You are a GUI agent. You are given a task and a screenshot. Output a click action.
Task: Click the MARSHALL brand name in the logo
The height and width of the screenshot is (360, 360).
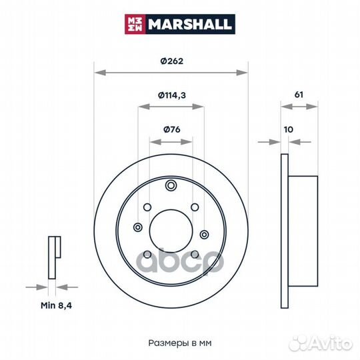pos(189,24)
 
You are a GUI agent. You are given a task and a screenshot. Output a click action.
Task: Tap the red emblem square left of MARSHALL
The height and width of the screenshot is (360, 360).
pos(135,24)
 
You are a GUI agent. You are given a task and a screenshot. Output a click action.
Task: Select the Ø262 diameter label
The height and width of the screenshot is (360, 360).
pos(172,61)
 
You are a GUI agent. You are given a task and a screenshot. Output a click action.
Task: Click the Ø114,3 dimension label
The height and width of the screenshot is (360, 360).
pos(172,95)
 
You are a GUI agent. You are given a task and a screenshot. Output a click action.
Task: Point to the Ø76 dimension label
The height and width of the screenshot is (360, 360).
pos(172,129)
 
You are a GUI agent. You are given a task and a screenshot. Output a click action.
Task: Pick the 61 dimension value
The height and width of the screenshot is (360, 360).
pos(299,95)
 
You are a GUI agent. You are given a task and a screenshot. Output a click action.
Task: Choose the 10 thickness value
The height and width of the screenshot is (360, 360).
pos(289,129)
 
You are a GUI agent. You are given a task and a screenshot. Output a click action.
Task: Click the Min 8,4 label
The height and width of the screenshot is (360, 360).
pos(56,305)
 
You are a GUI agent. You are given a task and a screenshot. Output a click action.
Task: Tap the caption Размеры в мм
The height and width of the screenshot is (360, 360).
pos(180,343)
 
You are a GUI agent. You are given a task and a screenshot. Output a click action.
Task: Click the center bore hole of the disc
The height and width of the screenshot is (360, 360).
pos(171,231)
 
